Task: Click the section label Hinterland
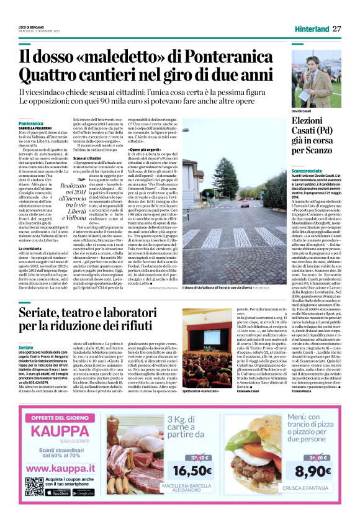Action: (x=310, y=29)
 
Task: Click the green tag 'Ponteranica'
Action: (x=31, y=124)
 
